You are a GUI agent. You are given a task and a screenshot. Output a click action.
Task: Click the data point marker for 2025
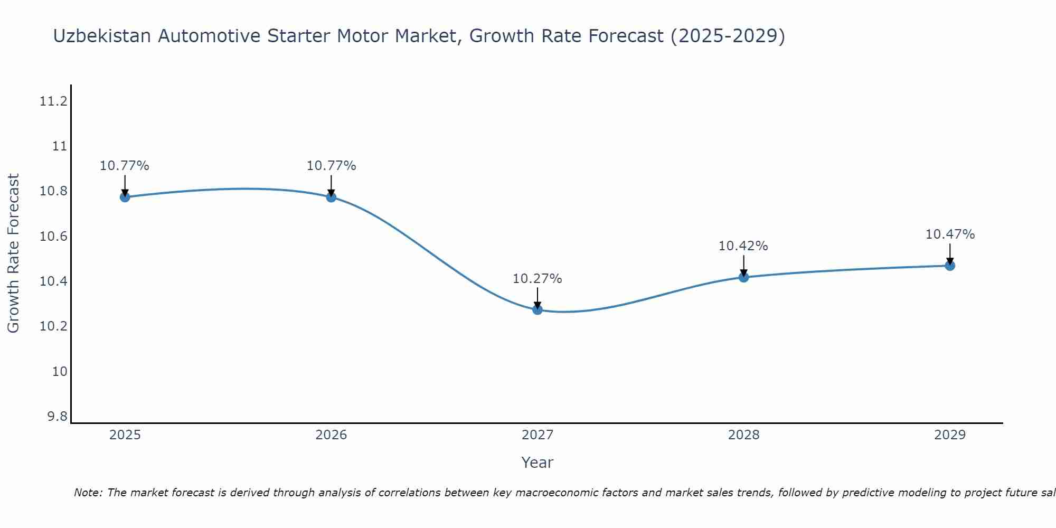pos(125,197)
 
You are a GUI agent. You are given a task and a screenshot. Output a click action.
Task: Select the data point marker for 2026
pos(331,197)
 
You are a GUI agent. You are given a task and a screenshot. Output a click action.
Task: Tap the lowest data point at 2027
pos(538,309)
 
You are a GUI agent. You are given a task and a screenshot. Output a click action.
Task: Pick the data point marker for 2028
pos(743,277)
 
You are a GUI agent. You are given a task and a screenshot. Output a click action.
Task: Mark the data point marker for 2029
pos(950,266)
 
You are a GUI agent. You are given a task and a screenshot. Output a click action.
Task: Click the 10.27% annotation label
pos(538,279)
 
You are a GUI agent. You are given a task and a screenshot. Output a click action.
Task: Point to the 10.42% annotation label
pos(743,246)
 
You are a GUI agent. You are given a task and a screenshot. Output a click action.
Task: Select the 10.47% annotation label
pos(950,234)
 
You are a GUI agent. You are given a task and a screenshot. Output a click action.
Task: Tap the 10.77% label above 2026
pos(331,166)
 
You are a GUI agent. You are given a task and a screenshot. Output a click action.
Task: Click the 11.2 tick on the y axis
pos(54,101)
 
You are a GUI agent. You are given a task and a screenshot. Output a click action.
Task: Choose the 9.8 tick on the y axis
pos(58,417)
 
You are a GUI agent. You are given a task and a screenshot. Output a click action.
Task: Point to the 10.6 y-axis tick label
pos(54,237)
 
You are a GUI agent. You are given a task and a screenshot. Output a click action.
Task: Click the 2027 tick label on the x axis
pos(538,435)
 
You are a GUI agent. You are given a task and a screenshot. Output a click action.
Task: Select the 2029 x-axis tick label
pos(950,435)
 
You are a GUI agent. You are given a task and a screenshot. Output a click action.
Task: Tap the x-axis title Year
pos(538,463)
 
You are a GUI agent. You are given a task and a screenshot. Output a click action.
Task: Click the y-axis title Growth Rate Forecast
pos(14,253)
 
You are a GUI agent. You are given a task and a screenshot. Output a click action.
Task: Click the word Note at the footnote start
pos(87,493)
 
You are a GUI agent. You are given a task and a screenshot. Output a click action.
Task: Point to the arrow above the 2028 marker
pos(743,266)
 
